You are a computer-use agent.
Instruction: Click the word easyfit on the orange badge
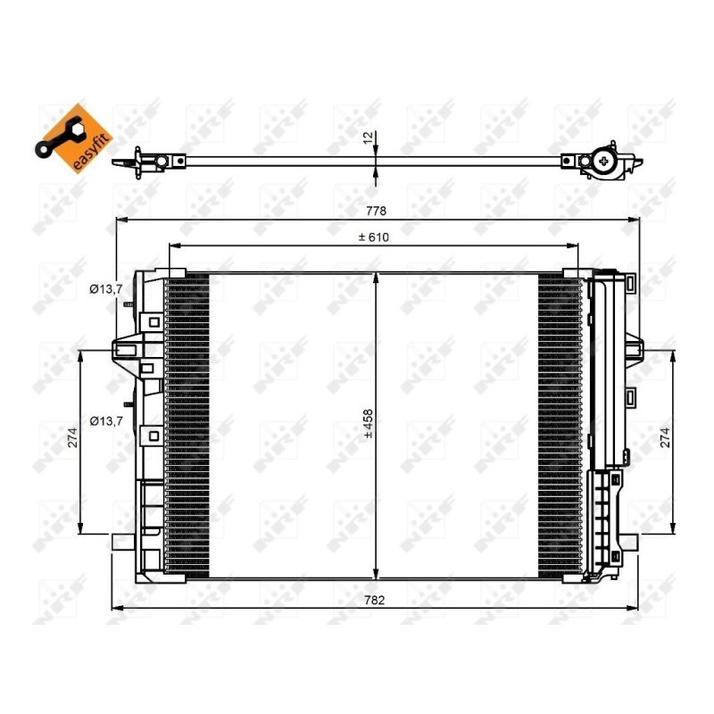[79, 149]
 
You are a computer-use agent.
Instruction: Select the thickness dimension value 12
[366, 140]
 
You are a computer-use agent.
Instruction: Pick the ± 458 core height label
[368, 426]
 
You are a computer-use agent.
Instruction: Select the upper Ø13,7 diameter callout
[105, 288]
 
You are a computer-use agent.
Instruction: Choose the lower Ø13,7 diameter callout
[105, 419]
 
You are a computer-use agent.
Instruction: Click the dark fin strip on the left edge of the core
[187, 424]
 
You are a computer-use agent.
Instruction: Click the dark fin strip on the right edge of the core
[560, 424]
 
